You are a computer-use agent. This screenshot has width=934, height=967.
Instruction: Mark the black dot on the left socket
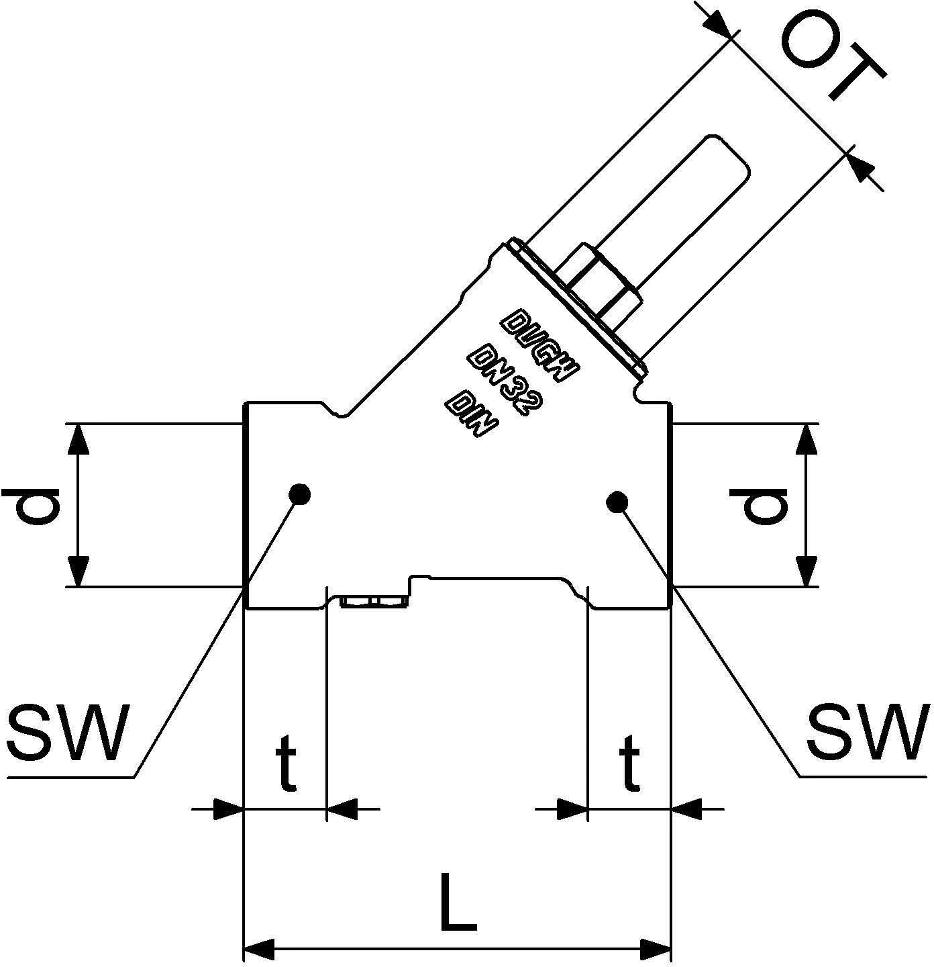click(300, 494)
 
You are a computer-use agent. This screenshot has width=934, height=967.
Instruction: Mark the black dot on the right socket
click(617, 502)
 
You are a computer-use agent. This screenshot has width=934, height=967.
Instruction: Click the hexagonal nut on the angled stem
click(597, 282)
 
